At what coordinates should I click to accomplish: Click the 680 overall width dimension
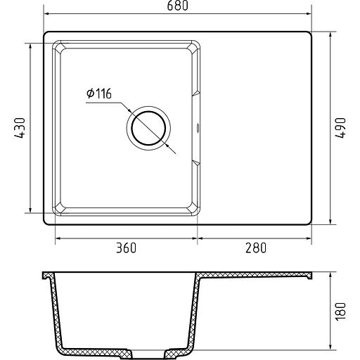pyautogui.click(x=177, y=6)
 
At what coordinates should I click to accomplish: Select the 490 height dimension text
pyautogui.click(x=341, y=128)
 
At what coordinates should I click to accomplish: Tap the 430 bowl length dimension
pyautogui.click(x=19, y=128)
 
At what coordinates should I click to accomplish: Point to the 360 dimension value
pyautogui.click(x=126, y=247)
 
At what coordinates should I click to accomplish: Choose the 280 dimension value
pyautogui.click(x=256, y=247)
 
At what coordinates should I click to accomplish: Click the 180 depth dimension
pyautogui.click(x=341, y=311)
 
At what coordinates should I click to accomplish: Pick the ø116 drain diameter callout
pyautogui.click(x=99, y=94)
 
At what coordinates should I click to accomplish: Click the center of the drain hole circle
pyautogui.click(x=148, y=128)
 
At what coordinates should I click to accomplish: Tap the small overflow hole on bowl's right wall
pyautogui.click(x=198, y=128)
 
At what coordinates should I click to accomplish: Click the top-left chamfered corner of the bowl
pyautogui.click(x=58, y=47)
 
